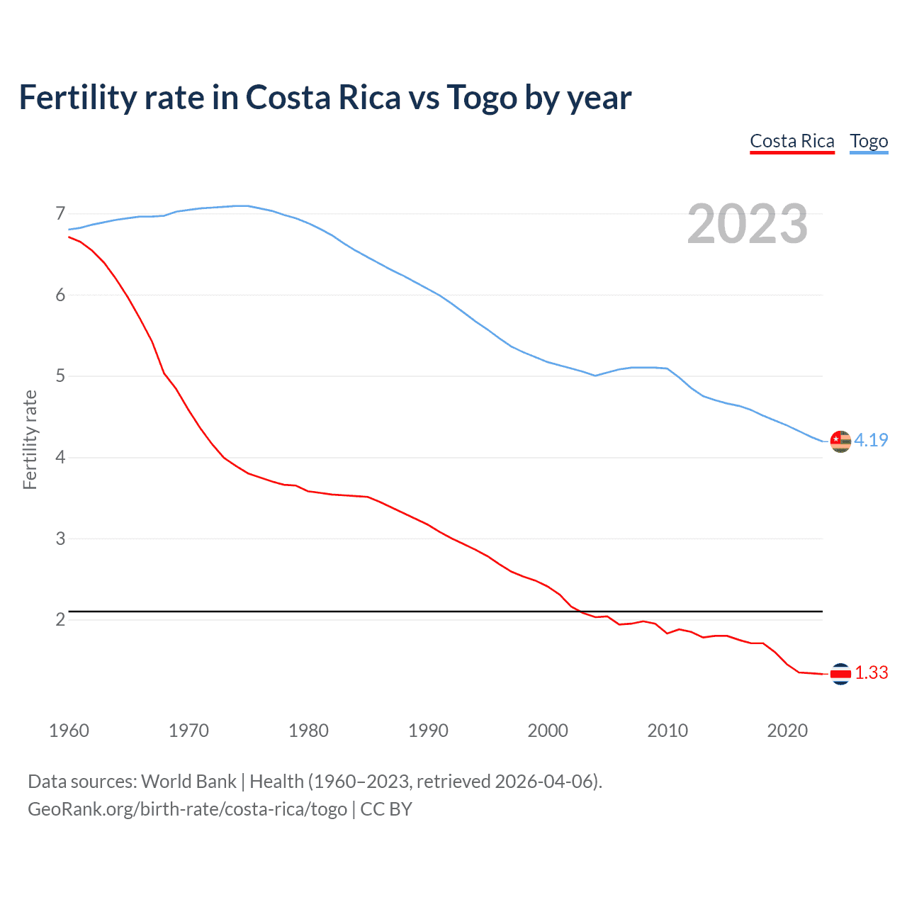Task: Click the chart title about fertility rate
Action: [x=325, y=98]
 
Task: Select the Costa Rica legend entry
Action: [x=792, y=141]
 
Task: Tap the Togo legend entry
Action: [x=869, y=141]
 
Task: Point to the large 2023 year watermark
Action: [x=748, y=224]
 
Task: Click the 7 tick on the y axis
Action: [x=60, y=213]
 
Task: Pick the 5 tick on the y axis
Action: [x=60, y=376]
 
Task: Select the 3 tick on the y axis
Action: [x=60, y=539]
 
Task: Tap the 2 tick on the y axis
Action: [x=60, y=619]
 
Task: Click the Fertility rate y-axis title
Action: [x=30, y=439]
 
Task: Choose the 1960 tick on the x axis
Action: [x=69, y=731]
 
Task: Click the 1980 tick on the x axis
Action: [x=308, y=731]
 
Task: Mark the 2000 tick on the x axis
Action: [x=548, y=731]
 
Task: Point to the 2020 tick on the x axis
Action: [x=787, y=731]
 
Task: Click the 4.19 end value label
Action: [x=871, y=440]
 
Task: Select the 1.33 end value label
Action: [x=871, y=672]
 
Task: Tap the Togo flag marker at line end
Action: [x=840, y=441]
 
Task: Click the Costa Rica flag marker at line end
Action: [x=840, y=674]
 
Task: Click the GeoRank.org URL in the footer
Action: [x=187, y=809]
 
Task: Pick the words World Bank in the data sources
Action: [x=188, y=782]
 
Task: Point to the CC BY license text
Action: [x=386, y=809]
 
